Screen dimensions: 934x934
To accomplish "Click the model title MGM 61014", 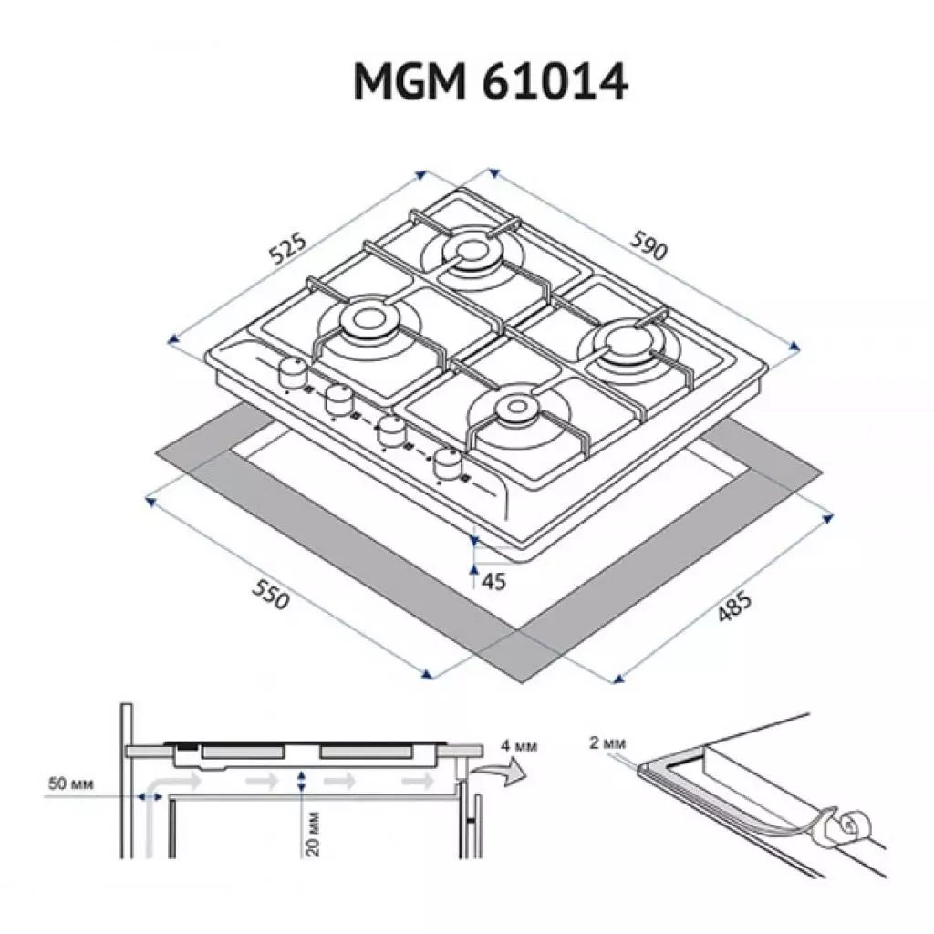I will [490, 83].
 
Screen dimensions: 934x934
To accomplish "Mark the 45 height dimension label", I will [493, 581].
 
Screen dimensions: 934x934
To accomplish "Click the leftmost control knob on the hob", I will [292, 370].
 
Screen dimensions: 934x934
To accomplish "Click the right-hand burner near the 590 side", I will [628, 345].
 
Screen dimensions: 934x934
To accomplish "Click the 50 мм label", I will [69, 784].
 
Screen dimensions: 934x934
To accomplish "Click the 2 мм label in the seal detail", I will [605, 742].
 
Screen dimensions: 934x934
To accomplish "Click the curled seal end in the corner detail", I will [848, 825].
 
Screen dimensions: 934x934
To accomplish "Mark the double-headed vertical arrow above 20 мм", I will [302, 782].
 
